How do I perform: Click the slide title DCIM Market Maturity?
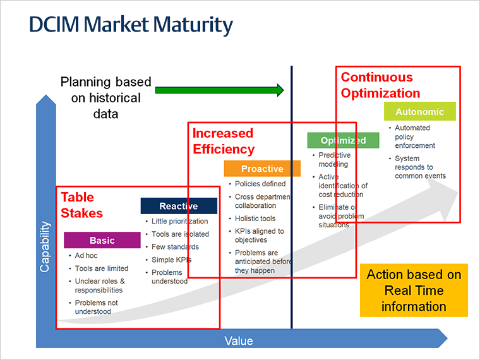[131, 25]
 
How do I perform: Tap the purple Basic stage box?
[102, 240]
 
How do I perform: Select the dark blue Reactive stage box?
[178, 206]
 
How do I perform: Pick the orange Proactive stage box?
[262, 169]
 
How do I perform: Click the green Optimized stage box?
[343, 140]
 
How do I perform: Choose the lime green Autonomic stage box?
[419, 112]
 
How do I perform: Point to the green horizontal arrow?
[220, 90]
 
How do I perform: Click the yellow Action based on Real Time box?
[414, 291]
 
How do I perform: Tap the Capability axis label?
[45, 246]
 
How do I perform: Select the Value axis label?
[239, 341]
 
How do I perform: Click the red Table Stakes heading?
[81, 205]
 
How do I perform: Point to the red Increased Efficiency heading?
[223, 141]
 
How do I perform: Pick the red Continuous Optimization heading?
[380, 85]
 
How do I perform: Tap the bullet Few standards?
[175, 247]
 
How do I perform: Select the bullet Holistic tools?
[255, 219]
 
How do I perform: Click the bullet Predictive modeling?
[334, 160]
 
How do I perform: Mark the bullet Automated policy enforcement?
[415, 136]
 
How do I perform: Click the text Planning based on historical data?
[105, 98]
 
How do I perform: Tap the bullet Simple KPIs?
[171, 260]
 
